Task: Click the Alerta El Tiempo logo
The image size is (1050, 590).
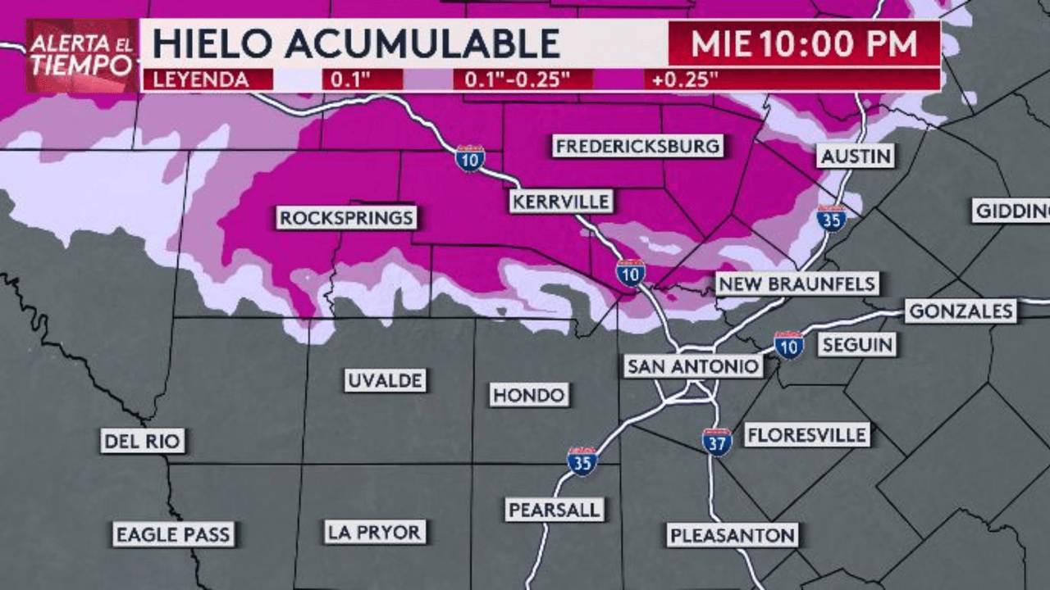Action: pos(82,56)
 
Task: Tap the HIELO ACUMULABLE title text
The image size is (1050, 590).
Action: pos(356,43)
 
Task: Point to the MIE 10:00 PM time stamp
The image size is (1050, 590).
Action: pos(804,43)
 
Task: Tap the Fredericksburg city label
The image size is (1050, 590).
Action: pos(638,147)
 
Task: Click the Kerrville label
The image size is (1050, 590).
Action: pos(560,201)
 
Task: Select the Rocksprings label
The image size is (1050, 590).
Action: pos(346,218)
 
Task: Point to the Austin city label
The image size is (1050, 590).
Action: pos(856,156)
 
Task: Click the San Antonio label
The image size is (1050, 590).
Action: pos(693,365)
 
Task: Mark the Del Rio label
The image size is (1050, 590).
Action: pos(143,442)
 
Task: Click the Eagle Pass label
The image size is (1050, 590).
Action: pos(173,535)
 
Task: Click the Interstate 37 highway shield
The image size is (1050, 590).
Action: pos(717,442)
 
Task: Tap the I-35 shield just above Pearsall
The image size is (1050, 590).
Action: pos(582,461)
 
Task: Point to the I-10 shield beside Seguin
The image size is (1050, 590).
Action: pos(789,345)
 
